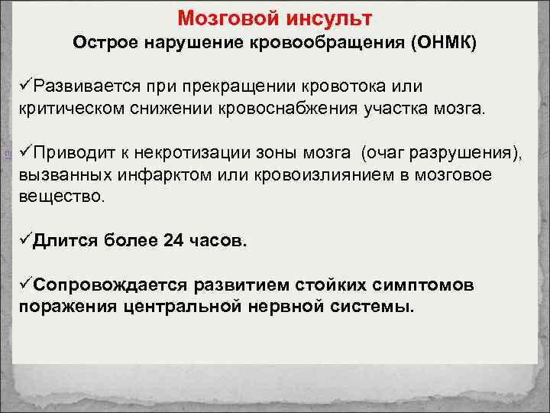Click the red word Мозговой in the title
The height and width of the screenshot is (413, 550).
pyautogui.click(x=218, y=17)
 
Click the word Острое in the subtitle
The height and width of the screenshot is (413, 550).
pyautogui.click(x=102, y=43)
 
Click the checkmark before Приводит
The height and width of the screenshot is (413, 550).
pyautogui.click(x=26, y=154)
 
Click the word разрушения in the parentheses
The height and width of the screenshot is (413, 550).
pyautogui.click(x=465, y=154)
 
